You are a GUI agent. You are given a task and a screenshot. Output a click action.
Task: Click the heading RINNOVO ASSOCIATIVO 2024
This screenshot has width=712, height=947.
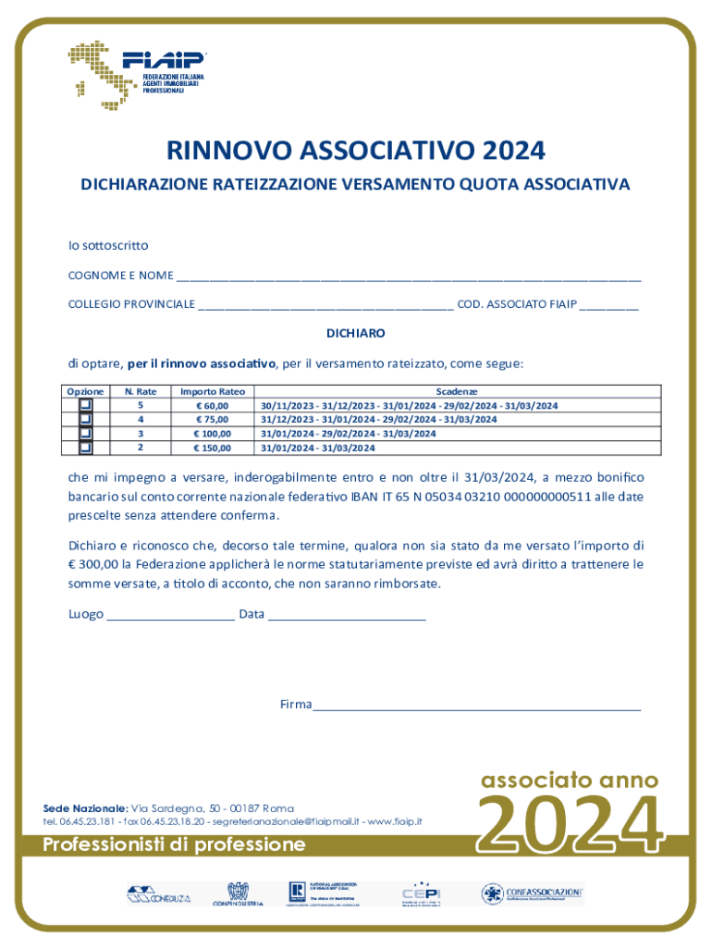click(356, 150)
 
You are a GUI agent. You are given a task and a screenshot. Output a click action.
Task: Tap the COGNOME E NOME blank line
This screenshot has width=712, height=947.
click(409, 277)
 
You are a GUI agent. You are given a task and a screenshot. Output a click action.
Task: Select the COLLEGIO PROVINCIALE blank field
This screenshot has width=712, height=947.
click(325, 304)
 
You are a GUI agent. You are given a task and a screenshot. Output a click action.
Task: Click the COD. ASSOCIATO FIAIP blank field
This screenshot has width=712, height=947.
click(608, 304)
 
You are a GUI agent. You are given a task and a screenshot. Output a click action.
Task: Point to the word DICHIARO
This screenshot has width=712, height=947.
click(356, 333)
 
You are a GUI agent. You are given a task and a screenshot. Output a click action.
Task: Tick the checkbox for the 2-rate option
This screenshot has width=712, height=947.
click(86, 448)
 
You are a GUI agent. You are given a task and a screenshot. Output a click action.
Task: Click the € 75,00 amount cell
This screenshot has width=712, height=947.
click(212, 420)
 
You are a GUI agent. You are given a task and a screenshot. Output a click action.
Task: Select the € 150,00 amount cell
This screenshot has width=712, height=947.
click(212, 448)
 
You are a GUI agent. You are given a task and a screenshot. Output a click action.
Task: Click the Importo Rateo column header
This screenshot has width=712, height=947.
click(212, 392)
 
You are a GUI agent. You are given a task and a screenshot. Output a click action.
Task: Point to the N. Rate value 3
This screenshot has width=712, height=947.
click(141, 434)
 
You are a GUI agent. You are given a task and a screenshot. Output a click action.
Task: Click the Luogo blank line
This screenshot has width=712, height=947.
click(170, 615)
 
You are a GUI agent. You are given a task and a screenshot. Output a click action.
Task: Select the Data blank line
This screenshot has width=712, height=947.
click(347, 615)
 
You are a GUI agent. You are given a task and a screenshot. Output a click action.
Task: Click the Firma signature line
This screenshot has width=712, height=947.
click(476, 706)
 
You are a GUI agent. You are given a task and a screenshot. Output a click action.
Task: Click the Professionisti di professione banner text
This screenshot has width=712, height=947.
click(175, 844)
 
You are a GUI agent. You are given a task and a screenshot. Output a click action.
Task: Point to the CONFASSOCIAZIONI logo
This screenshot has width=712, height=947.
click(532, 893)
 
